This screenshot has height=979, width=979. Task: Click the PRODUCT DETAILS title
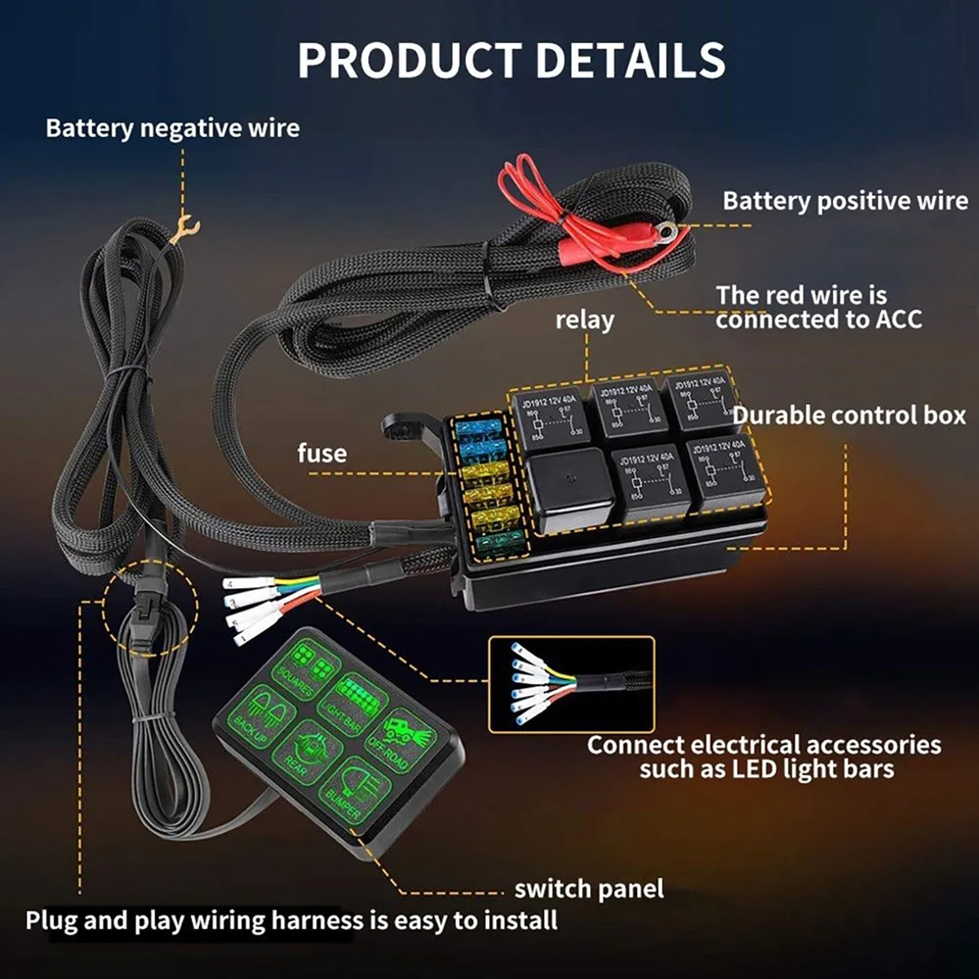512,60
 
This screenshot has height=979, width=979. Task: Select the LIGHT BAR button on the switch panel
351,702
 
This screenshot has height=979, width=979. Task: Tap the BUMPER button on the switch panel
354,787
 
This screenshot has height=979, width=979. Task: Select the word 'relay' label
584,320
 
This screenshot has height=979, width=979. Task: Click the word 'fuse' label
321,453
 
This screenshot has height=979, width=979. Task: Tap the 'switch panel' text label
589,888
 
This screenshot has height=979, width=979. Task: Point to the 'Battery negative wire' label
172,128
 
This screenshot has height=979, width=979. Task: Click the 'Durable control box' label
849,415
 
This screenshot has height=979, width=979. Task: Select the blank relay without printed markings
569,487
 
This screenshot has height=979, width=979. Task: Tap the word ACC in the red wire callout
898,319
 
